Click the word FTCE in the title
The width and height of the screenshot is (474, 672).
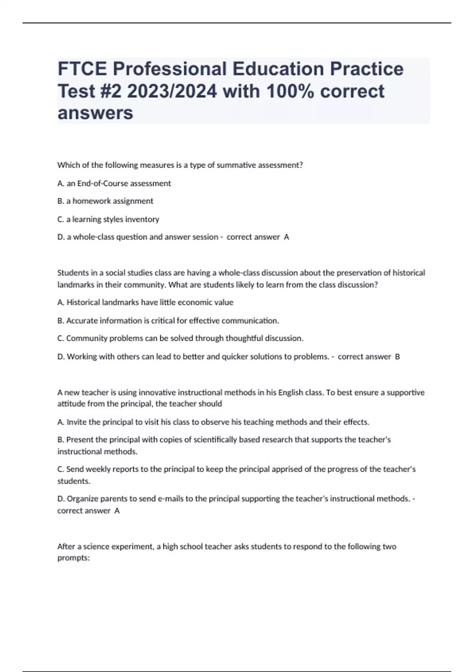(82, 69)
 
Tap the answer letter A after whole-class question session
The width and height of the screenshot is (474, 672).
(287, 237)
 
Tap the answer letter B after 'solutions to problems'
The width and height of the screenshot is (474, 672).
(397, 357)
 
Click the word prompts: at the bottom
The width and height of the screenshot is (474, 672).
(74, 559)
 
